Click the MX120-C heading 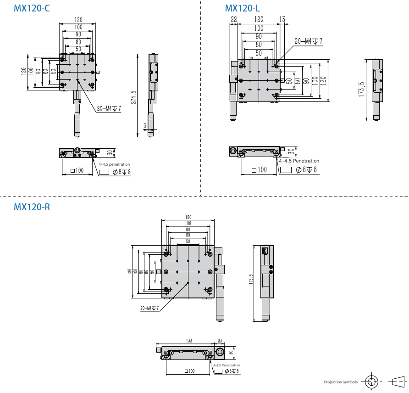point(32,8)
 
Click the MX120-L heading point(243,8)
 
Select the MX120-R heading point(32,207)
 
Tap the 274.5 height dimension point(133,97)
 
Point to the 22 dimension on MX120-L point(234,19)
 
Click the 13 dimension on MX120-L point(282,19)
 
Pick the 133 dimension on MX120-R point(188,341)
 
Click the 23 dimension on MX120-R point(220,341)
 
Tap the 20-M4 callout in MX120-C point(109,109)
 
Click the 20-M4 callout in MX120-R point(149,308)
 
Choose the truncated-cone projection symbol point(398,381)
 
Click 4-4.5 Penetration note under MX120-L point(299,161)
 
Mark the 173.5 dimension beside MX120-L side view point(361,90)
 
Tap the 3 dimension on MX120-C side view point(145,125)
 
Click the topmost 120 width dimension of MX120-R point(188,217)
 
